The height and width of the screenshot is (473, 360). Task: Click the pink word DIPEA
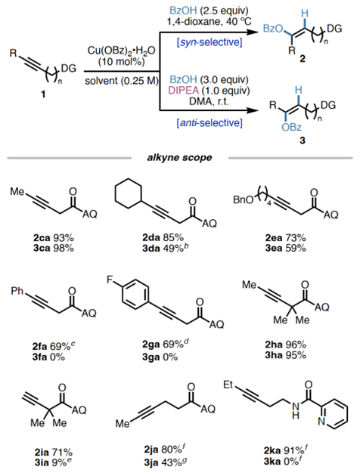[183, 90]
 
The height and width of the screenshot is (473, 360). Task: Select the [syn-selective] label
[209, 42]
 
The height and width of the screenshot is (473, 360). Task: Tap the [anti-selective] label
[209, 122]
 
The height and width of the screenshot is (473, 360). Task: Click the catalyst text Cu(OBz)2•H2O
[122, 50]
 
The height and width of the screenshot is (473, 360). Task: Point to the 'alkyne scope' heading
[179, 157]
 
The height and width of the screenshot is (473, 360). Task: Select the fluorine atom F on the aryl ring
[110, 280]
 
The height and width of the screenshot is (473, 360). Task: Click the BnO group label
[243, 200]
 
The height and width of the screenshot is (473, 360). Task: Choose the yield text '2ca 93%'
[54, 238]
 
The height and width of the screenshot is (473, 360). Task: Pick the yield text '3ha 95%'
[285, 355]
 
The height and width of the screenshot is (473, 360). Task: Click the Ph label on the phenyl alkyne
[17, 292]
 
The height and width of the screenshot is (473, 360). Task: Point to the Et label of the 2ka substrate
[228, 385]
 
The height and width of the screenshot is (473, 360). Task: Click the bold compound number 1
[43, 94]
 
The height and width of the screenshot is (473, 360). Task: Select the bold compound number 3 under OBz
[303, 141]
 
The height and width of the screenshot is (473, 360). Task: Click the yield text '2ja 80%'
[164, 450]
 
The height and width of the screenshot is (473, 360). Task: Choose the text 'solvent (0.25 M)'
[122, 81]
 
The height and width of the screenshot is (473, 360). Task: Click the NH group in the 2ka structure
[296, 410]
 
